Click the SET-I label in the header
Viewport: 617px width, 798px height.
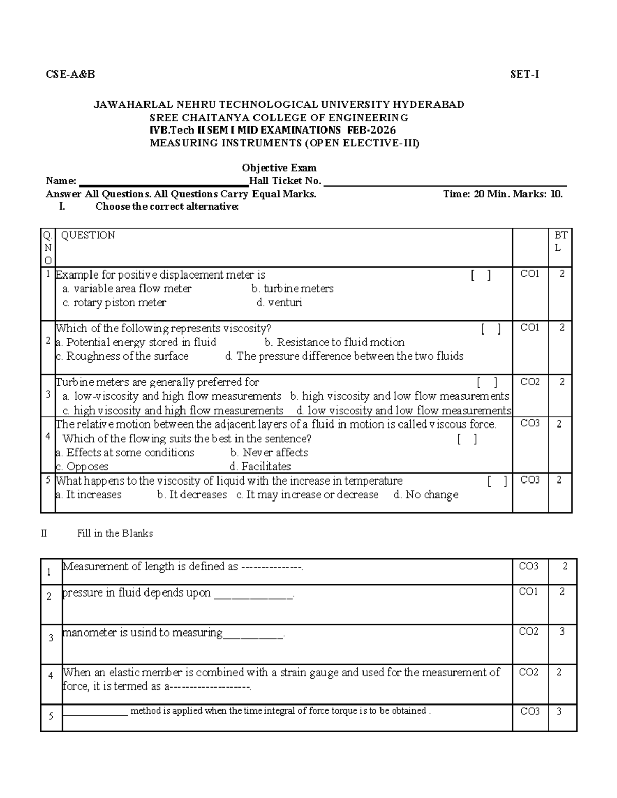click(x=524, y=75)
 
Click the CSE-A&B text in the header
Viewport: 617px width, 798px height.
click(x=70, y=75)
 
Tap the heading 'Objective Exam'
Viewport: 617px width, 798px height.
click(x=279, y=168)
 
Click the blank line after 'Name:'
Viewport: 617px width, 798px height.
click(x=163, y=182)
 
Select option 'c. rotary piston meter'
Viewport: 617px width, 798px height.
click(x=114, y=303)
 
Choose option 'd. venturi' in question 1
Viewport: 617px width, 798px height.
click(x=279, y=303)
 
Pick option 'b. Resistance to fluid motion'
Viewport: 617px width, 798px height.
click(x=334, y=342)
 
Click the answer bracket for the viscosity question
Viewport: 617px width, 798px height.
click(x=491, y=329)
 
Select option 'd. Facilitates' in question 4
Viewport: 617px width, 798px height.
click(x=260, y=467)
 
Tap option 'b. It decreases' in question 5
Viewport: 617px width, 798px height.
click(x=192, y=495)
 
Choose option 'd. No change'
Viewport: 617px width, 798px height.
click(x=426, y=495)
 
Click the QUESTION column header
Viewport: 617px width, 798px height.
click(x=88, y=235)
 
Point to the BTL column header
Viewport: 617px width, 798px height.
click(x=560, y=242)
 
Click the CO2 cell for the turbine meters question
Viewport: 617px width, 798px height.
click(x=530, y=382)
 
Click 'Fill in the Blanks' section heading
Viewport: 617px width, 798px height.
click(x=115, y=533)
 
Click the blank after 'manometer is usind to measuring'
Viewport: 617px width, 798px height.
click(x=252, y=634)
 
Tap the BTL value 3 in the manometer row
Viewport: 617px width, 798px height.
click(x=562, y=632)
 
